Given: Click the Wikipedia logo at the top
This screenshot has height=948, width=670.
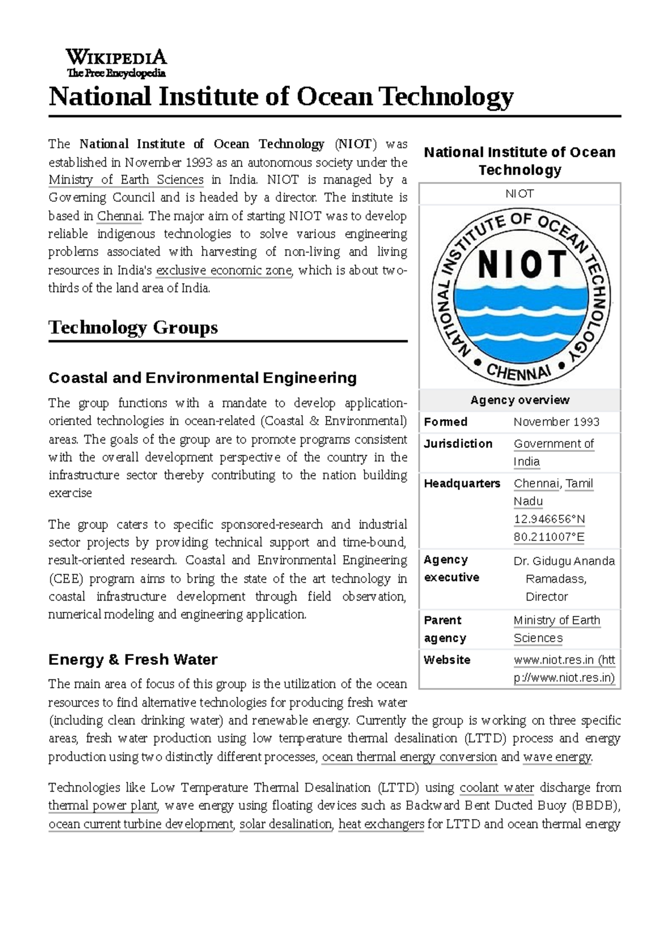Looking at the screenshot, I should pyautogui.click(x=116, y=63).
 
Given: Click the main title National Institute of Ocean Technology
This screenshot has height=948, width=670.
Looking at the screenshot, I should pyautogui.click(x=281, y=97).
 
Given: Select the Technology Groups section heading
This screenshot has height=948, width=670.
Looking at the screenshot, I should pyautogui.click(x=133, y=327).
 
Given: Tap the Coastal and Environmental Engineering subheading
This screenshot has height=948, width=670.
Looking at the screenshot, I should pyautogui.click(x=203, y=378).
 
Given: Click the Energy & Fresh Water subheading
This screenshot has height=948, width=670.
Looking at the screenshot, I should pyautogui.click(x=133, y=660).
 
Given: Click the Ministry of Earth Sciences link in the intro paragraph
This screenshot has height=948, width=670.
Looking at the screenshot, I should pyautogui.click(x=126, y=180).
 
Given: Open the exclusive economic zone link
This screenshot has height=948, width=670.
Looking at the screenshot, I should pyautogui.click(x=224, y=270).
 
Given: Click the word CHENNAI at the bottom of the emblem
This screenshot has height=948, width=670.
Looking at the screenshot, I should pyautogui.click(x=519, y=371).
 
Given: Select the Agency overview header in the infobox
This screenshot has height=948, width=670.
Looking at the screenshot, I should pyautogui.click(x=520, y=400).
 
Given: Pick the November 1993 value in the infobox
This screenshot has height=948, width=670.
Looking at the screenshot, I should pyautogui.click(x=556, y=422).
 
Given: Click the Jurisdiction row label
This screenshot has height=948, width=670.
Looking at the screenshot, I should pyautogui.click(x=458, y=444).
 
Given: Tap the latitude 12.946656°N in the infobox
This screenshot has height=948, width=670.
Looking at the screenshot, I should pyautogui.click(x=549, y=520).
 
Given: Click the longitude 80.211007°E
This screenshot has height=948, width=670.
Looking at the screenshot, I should pyautogui.click(x=549, y=537).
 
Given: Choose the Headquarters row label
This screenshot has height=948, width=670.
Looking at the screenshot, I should pyautogui.click(x=462, y=484).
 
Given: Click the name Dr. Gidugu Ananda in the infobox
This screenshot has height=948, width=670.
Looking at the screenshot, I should pyautogui.click(x=564, y=561).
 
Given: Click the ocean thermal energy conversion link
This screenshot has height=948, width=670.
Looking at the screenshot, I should pyautogui.click(x=409, y=757).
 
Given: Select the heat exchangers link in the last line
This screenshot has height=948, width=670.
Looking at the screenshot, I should pyautogui.click(x=381, y=824).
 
